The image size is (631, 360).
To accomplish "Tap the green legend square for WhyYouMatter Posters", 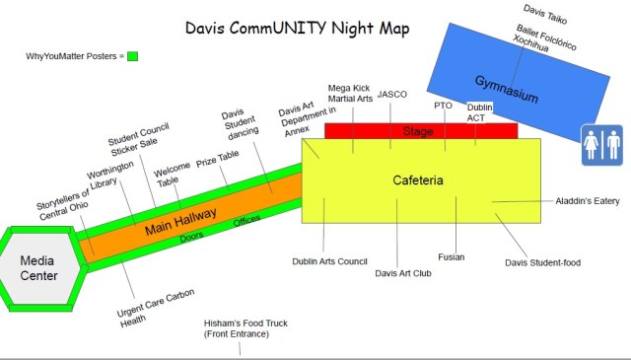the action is [132, 56].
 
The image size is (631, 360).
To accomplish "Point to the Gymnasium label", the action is [506, 87].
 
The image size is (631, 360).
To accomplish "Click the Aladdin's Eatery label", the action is [587, 201].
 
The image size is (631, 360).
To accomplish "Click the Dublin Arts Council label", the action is [329, 261].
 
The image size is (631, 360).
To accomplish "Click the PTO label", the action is [443, 105].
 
